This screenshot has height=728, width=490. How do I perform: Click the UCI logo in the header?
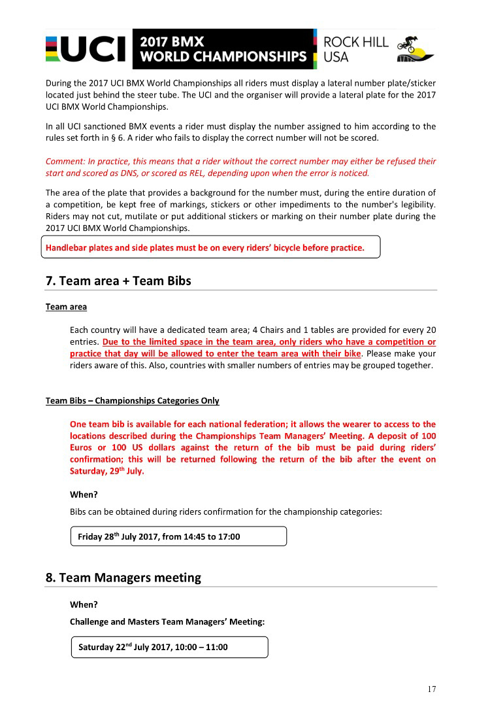86,49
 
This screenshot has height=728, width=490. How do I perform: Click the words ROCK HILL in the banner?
355,42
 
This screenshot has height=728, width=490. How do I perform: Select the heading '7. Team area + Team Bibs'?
118,281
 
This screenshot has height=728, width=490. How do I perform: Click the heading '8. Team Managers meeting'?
123,578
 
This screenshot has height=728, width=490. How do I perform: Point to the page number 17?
431,689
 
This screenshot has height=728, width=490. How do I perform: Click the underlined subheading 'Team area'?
66,307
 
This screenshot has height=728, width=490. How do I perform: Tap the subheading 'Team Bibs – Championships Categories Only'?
133,400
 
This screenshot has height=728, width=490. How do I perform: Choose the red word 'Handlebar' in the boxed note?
67,248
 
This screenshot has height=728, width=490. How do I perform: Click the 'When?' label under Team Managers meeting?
84,605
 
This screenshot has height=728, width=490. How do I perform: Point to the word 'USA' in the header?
336,57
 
